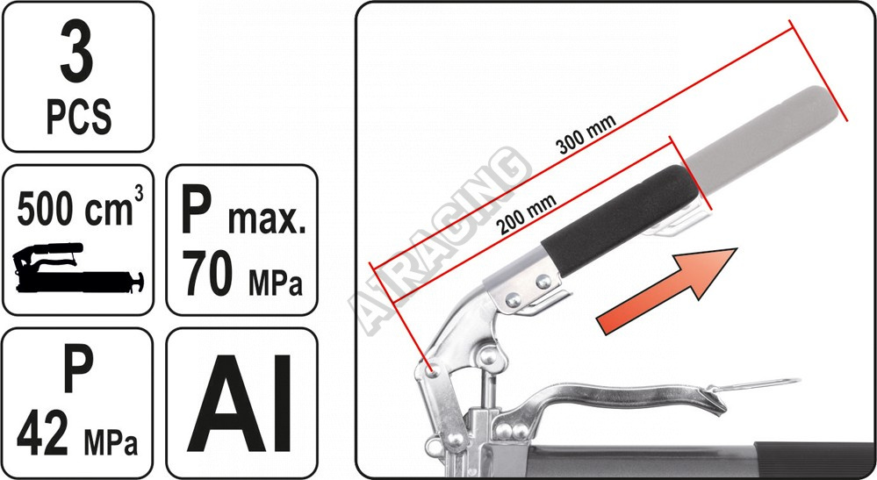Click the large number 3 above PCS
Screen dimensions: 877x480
[77, 53]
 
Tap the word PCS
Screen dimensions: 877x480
[78, 116]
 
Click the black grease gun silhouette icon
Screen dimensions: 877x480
[78, 268]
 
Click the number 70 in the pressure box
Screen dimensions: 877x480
[207, 273]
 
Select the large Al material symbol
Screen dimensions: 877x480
[240, 403]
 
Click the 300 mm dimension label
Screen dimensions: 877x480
[586, 134]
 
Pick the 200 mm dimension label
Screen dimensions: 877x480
[526, 214]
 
